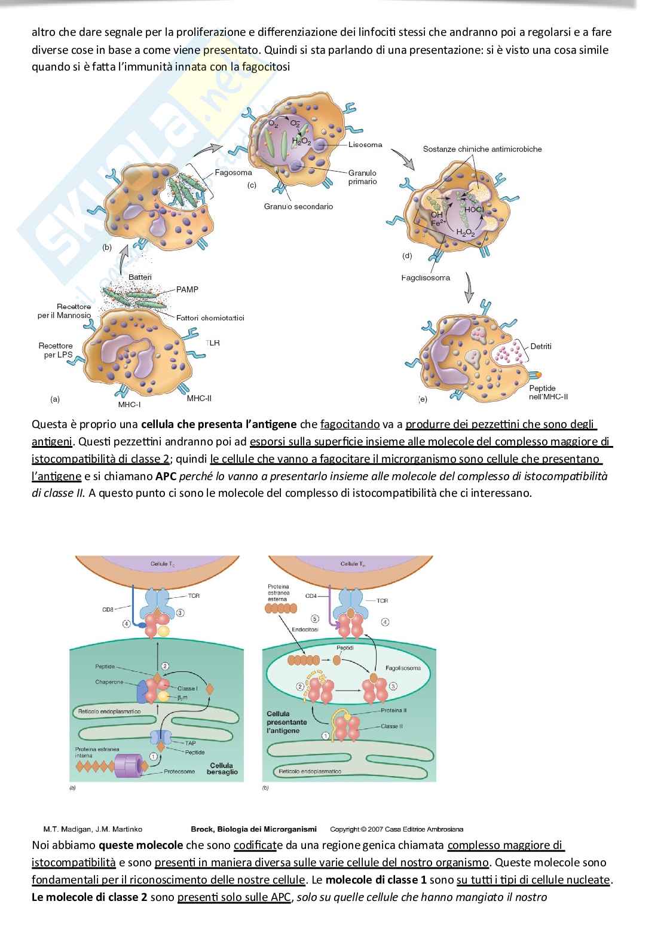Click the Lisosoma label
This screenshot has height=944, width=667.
click(x=365, y=145)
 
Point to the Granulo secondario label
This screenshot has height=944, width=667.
click(x=298, y=206)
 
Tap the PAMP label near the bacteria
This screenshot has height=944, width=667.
click(x=187, y=289)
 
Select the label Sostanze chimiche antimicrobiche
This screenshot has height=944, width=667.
click(x=482, y=149)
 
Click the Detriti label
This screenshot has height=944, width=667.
click(x=540, y=346)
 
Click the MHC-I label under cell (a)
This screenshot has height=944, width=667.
click(x=128, y=405)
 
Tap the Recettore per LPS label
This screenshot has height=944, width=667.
click(x=56, y=350)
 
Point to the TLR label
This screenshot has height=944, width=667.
click(x=212, y=343)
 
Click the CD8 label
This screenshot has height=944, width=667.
click(x=108, y=610)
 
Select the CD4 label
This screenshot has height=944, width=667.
click(x=311, y=596)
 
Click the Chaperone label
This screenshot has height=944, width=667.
click(x=109, y=682)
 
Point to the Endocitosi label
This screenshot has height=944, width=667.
click(x=305, y=630)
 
